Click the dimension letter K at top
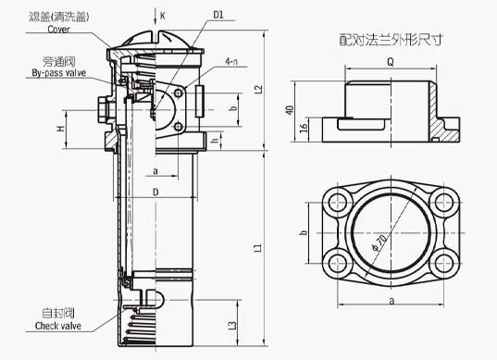pos(164,16)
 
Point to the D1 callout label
pos(218,15)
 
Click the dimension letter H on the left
pos(61,129)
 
